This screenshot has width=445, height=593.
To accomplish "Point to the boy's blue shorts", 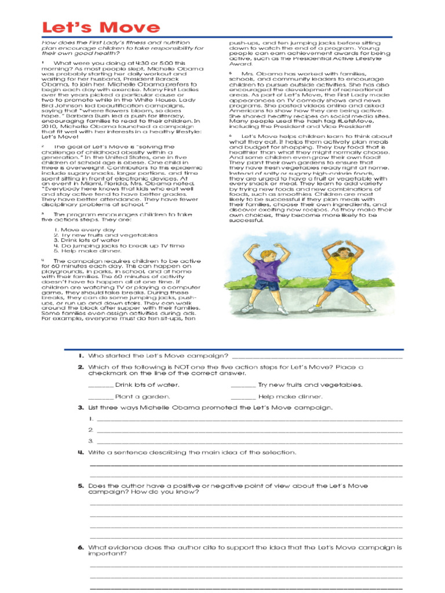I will coord(267,284).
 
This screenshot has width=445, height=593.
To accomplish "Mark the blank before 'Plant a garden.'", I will coord(100,397).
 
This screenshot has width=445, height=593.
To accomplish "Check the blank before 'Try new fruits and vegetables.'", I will coord(243,385).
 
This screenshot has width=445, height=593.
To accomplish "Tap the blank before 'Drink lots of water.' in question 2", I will coord(100,385).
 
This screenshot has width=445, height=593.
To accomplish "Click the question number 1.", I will coord(81,355).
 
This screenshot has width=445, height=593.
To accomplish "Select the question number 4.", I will coord(81,452).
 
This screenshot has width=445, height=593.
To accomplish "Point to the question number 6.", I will coord(81,547).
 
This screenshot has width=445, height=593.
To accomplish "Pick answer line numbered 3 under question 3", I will coord(249,442).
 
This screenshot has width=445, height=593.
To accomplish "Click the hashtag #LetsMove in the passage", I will coord(348,122).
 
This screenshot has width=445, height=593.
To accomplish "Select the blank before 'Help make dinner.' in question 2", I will coord(243,397).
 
